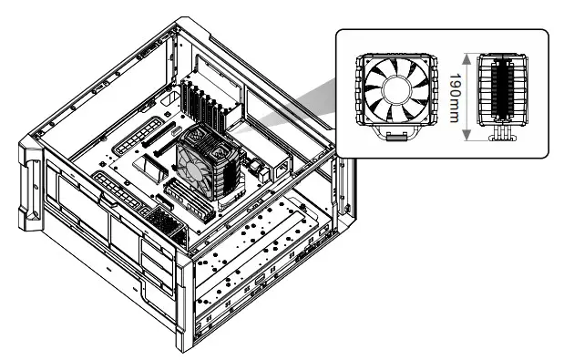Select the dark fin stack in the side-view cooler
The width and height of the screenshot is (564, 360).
(501, 91)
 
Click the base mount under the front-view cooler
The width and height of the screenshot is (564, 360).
(394, 136)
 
